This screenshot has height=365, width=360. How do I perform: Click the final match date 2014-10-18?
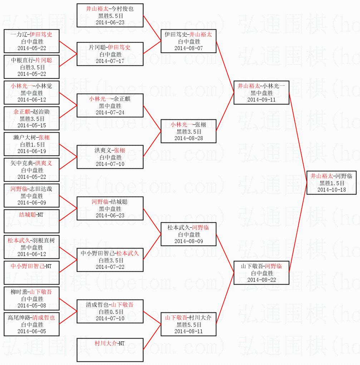331,189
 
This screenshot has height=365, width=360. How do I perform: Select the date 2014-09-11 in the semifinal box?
261,99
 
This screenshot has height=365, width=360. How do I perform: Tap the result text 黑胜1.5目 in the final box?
331,183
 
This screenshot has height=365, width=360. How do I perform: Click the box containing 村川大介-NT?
110,350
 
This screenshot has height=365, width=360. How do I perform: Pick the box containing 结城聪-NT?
31,221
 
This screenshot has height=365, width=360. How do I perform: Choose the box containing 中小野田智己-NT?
31,273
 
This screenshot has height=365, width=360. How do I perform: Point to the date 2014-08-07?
188,48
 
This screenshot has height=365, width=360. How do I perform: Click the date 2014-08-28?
188,138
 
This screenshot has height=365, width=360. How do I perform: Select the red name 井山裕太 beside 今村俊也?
97,9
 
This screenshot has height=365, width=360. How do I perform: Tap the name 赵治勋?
42,112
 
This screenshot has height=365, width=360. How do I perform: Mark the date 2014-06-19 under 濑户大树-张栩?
31,151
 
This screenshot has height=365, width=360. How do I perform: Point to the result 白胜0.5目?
110,312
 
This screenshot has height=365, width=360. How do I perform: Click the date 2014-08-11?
188,331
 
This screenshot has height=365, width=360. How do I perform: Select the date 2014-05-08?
31,305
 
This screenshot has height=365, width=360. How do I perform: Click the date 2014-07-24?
110,112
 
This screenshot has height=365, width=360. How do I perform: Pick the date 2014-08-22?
261,280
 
